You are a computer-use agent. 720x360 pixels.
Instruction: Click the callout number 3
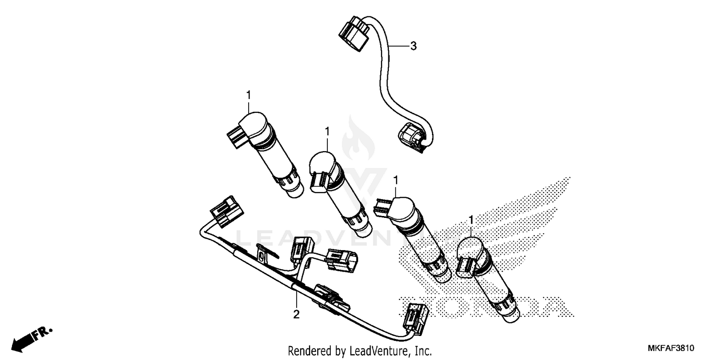coord(413,46)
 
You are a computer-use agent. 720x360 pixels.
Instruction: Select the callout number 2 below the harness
coord(296,315)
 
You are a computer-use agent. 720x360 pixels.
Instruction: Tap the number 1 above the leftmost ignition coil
coord(249,96)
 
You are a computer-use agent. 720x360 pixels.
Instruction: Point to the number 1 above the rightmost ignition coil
coord(471,219)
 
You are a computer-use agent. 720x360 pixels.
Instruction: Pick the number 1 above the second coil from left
coord(327,131)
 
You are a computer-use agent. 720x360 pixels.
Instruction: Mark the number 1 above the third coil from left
coord(396,180)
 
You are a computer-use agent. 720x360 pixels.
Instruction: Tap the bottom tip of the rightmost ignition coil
coord(510,314)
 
